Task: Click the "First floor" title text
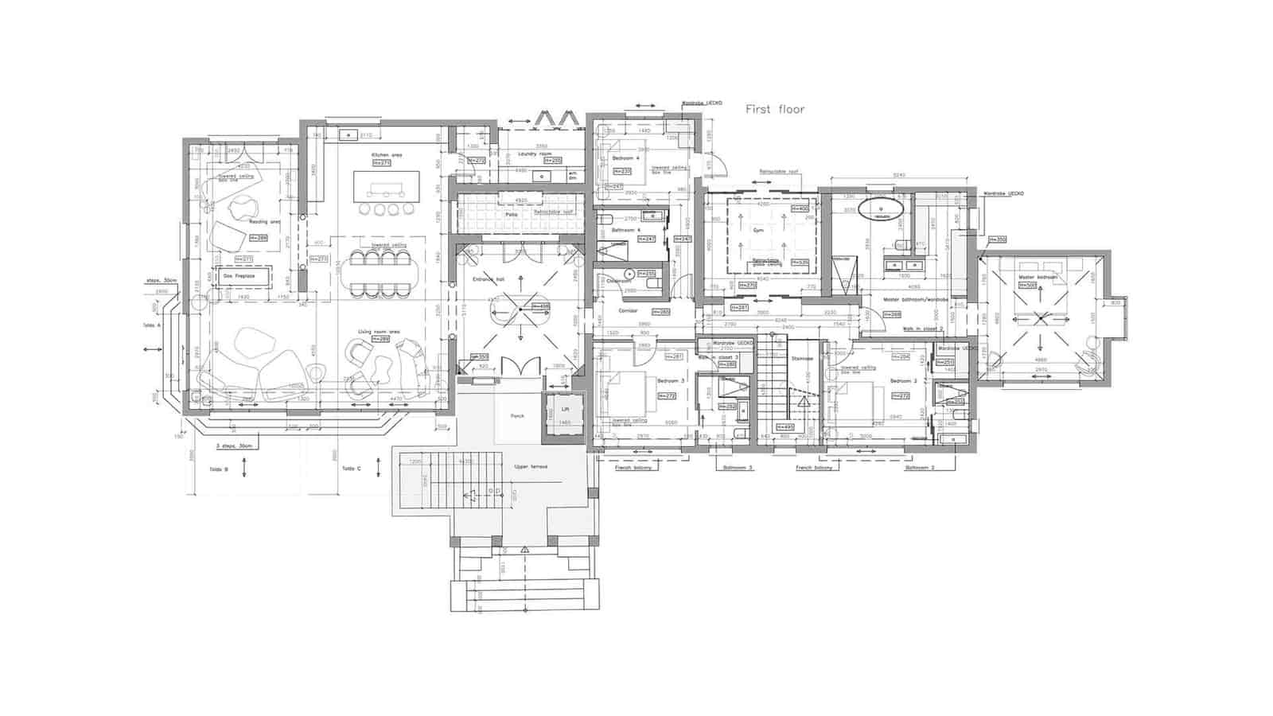coord(775,110)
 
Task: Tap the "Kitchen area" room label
coord(385,154)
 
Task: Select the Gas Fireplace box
coord(239,276)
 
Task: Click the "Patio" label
coord(512,215)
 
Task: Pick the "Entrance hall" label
coord(489,279)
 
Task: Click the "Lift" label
coord(565,409)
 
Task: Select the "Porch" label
coord(517,416)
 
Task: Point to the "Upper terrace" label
coord(531,467)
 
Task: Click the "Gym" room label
coord(759,231)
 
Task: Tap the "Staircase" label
coord(802,359)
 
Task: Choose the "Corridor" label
coord(629,311)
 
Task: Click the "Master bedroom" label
coord(1037,278)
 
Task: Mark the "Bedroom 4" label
coord(626,158)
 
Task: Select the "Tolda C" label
coord(352,469)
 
